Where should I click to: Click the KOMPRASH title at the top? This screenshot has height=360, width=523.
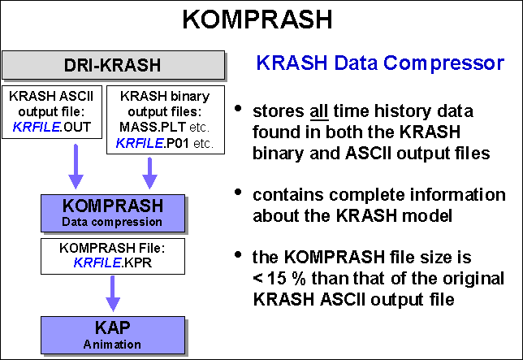(x=262, y=20)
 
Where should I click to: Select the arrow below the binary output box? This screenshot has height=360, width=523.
(x=150, y=171)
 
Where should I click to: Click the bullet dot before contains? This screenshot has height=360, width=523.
(x=238, y=192)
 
